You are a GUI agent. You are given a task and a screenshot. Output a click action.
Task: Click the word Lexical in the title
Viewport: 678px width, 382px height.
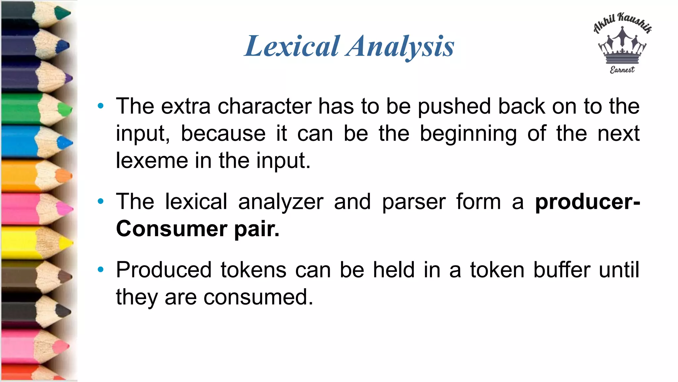coord(292,46)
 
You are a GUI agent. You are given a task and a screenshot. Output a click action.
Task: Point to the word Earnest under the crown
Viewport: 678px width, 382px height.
coord(622,70)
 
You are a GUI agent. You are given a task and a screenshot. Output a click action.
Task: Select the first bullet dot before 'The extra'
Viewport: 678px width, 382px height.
coord(101,106)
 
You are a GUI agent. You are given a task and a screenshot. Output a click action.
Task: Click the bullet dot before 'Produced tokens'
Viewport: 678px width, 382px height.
coord(101,270)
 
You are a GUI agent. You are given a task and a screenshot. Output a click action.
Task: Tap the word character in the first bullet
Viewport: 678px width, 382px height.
coord(265,106)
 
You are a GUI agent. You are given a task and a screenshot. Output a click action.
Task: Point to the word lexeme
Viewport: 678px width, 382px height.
coord(152,161)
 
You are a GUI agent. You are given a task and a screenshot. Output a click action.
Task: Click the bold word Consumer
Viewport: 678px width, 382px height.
coord(172,229)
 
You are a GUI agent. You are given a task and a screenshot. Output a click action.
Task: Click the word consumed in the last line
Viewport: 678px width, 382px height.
coord(258,297)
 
